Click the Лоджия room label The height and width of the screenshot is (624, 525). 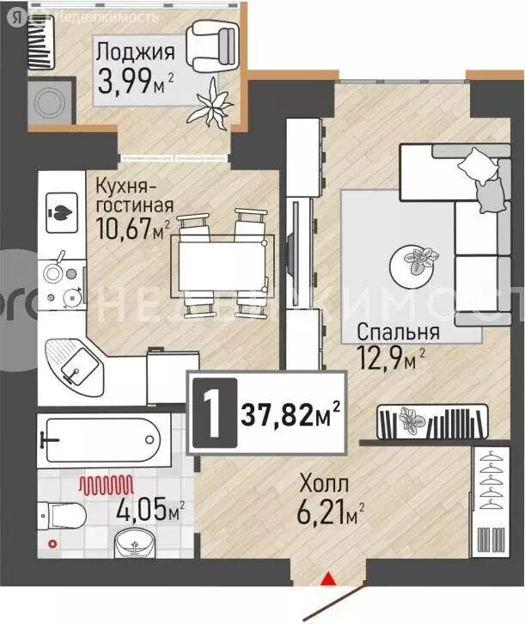(136, 51)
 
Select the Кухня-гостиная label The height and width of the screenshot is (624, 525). (135, 195)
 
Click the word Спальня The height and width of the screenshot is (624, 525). (398, 333)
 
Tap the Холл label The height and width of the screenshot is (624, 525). (324, 483)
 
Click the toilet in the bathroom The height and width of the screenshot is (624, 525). (62, 515)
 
